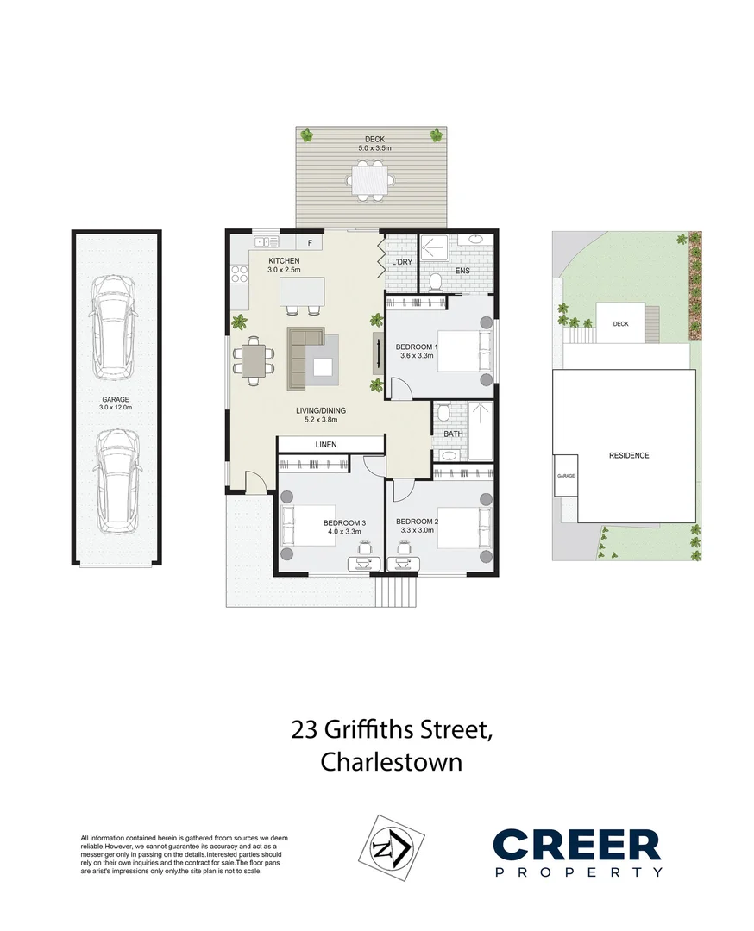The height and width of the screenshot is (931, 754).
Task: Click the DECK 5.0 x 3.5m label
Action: [x=374, y=144]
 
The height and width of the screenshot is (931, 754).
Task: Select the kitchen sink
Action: [x=267, y=241]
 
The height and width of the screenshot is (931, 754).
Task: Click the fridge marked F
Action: [x=310, y=242]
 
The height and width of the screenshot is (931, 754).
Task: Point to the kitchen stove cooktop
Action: [x=240, y=274]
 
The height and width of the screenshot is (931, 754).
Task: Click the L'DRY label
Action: [x=402, y=262]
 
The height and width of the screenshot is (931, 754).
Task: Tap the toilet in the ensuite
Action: [x=436, y=281]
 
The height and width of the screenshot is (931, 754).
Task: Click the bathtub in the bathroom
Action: [x=480, y=430]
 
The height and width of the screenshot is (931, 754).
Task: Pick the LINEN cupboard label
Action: [x=326, y=444]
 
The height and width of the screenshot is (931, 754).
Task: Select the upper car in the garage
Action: [x=113, y=328]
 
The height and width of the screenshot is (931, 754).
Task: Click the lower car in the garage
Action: [x=116, y=482]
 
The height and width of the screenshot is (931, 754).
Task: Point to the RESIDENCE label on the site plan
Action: [x=629, y=455]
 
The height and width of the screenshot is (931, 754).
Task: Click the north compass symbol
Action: [x=391, y=847]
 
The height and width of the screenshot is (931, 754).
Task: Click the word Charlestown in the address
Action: [x=392, y=762]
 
